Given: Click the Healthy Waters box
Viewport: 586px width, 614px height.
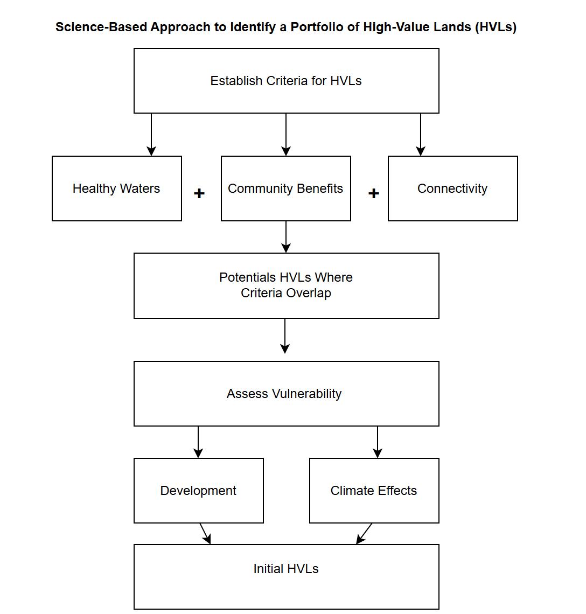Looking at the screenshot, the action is point(117,189).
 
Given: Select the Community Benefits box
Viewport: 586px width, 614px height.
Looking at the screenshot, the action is point(286,189).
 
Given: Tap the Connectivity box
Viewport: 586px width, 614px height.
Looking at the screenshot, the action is point(453,189).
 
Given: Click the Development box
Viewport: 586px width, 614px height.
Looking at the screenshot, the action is point(199,491).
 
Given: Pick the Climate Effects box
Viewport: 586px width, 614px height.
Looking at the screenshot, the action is point(374,491).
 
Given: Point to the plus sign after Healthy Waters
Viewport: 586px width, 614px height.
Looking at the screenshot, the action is point(199,193).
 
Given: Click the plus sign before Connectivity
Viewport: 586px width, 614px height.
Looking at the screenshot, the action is point(374,193).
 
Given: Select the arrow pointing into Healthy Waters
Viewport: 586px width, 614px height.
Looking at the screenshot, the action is point(151,135).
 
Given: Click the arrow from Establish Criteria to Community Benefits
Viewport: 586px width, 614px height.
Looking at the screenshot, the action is point(286,135).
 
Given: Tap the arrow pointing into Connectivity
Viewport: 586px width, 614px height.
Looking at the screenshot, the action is point(421,135).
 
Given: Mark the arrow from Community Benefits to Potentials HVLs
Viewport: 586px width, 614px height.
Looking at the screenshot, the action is point(286,237).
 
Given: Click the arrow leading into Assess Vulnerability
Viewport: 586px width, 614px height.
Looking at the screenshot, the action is point(285,336).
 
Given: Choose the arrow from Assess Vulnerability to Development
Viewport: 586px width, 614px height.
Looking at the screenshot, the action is point(198,442).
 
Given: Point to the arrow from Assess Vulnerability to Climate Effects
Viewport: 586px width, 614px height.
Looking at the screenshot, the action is point(378,442).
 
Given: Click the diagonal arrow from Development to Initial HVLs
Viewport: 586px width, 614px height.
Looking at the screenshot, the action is point(205,533).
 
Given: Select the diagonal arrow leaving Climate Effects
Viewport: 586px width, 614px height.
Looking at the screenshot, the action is point(364,533).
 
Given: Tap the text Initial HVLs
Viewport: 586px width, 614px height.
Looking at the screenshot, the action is point(286,569).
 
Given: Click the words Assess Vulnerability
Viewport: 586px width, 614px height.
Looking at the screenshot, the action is point(284,394).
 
